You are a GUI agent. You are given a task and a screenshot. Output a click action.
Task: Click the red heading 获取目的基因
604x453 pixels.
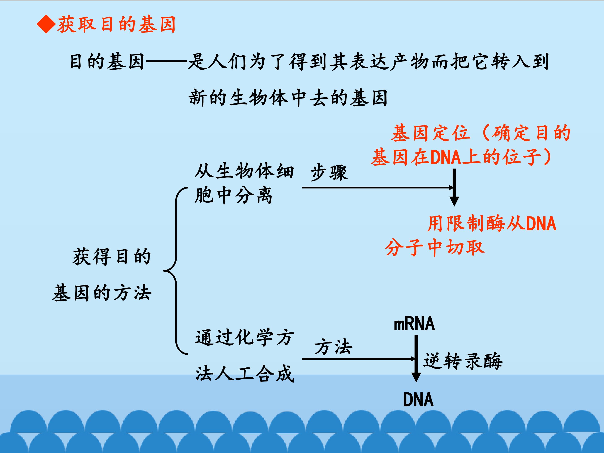116,25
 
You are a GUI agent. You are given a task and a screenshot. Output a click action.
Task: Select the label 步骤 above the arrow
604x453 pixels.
329,173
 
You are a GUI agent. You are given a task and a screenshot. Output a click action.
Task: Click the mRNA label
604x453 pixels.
414,324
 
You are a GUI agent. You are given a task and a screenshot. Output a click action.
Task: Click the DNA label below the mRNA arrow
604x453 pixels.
418,400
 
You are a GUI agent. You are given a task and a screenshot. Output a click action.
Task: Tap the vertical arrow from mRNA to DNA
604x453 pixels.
416,358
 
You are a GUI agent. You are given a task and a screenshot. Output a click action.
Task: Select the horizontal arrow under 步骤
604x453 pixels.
377,187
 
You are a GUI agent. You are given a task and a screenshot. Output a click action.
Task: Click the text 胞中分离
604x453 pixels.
233,196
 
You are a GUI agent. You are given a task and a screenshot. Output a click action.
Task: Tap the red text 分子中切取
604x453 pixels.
435,247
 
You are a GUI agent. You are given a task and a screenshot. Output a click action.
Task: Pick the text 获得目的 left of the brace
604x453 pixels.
112,257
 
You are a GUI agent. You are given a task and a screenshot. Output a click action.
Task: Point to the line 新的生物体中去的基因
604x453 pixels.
288,98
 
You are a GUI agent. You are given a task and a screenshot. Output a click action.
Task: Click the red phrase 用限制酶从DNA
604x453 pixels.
492,224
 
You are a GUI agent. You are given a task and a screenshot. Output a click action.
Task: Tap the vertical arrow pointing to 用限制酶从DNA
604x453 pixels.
454,187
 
